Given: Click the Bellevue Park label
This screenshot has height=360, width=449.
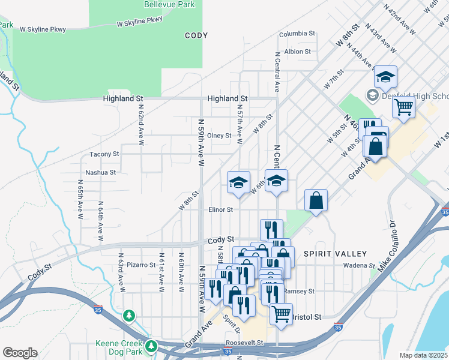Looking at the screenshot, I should [x=169, y=4].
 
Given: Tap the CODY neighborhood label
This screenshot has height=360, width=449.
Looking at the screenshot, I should [x=196, y=35].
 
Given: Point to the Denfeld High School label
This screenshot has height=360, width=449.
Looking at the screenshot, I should [x=414, y=96].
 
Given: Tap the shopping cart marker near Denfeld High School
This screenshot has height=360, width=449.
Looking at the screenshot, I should [x=404, y=108].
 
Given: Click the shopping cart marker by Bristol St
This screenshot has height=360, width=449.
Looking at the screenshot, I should [x=281, y=313].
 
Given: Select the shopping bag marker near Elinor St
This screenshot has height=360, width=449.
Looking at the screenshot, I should [x=316, y=201].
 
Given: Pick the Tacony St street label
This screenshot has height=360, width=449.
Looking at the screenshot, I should [x=104, y=154].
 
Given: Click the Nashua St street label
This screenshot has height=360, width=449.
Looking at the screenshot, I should [x=100, y=172].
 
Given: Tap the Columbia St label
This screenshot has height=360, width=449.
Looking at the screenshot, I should [x=297, y=34].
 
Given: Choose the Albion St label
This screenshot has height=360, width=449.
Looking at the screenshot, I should [x=298, y=52].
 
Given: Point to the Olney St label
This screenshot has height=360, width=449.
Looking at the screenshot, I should [x=219, y=136].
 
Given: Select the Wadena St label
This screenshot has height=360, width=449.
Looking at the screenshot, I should [x=359, y=265].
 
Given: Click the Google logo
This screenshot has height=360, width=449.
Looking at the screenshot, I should [x=20, y=352].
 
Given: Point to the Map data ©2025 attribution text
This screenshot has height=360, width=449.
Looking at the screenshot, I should [x=424, y=355].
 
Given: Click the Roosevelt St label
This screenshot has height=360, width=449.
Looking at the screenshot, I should [x=244, y=343].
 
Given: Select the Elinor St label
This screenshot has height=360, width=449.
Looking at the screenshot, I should [x=220, y=210].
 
